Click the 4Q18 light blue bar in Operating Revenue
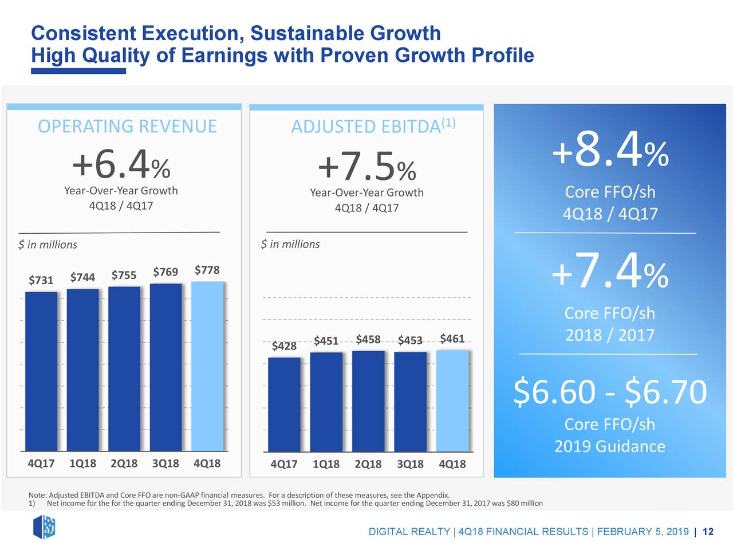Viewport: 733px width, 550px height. pyautogui.click(x=207, y=367)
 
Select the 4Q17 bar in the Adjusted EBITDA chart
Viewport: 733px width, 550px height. pyautogui.click(x=284, y=404)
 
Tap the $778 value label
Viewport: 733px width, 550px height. pyautogui.click(x=207, y=270)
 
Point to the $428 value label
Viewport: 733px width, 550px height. pyautogui.click(x=284, y=345)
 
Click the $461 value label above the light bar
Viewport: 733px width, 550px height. pyautogui.click(x=452, y=339)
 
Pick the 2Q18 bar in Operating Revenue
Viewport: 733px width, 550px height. pyautogui.click(x=124, y=369)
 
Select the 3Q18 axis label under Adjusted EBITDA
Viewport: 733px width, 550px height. pyautogui.click(x=410, y=464)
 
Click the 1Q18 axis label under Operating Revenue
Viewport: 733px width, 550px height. pyautogui.click(x=82, y=463)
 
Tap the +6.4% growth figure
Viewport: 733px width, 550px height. pyautogui.click(x=121, y=165)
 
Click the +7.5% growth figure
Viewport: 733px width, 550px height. pyautogui.click(x=366, y=167)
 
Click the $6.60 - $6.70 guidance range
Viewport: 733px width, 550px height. pyautogui.click(x=610, y=392)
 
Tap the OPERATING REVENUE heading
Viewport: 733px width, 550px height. pyautogui.click(x=127, y=126)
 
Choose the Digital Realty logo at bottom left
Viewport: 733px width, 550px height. pyautogui.click(x=44, y=527)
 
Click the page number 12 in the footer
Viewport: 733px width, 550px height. pyautogui.click(x=708, y=532)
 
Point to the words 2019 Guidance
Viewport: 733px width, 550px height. pyautogui.click(x=610, y=446)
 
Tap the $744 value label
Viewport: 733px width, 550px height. pyautogui.click(x=82, y=278)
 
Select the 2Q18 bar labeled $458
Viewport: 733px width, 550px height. pyautogui.click(x=368, y=401)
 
